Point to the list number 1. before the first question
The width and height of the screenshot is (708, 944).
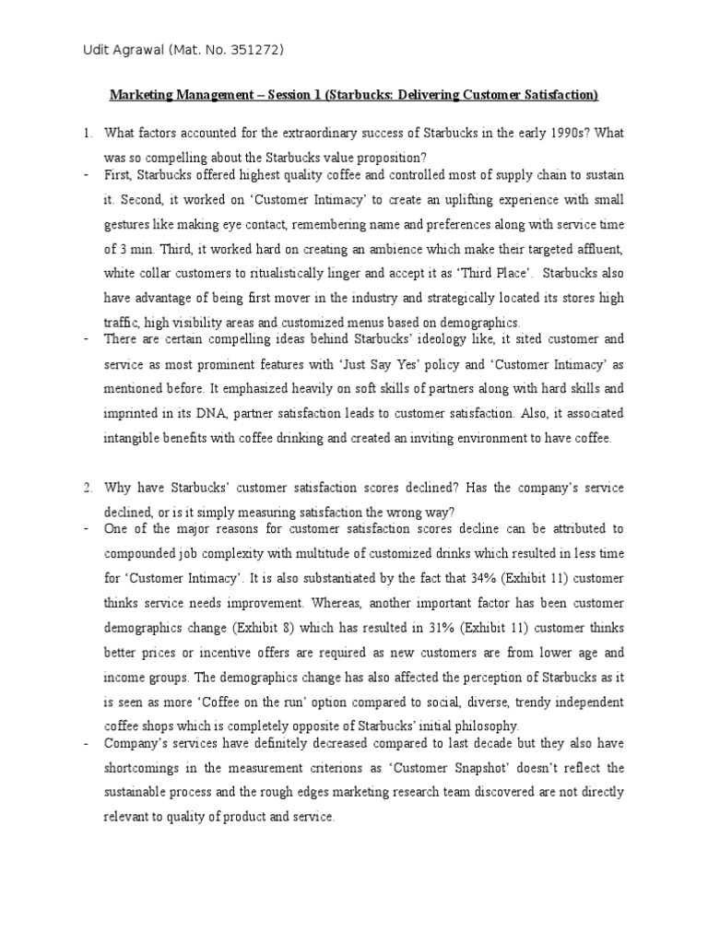point(88,135)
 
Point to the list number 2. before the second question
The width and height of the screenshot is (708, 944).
point(88,488)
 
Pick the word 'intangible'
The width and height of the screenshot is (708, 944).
point(136,439)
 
